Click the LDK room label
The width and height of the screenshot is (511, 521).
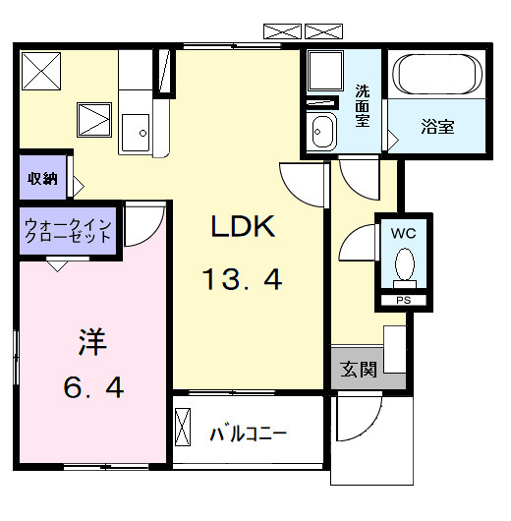(245, 227)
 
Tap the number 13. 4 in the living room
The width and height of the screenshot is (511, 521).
(243, 281)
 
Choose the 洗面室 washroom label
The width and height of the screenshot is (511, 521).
(362, 107)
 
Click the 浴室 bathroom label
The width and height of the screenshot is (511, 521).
(438, 127)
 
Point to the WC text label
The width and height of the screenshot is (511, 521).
(404, 234)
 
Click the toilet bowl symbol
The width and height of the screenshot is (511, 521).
(403, 265)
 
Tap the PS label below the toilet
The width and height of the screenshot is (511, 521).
(403, 300)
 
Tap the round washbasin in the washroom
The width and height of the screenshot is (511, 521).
(320, 130)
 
